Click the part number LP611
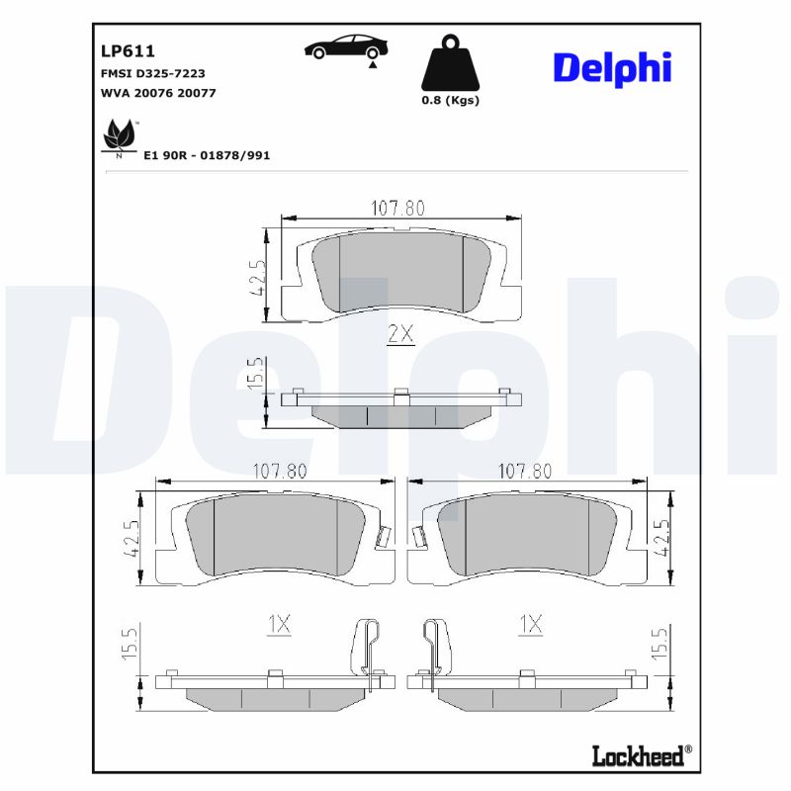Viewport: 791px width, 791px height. [129, 50]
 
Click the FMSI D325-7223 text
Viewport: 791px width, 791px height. [153, 74]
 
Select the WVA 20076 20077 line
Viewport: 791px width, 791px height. [159, 93]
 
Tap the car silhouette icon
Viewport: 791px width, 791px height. [346, 47]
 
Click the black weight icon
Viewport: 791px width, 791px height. [450, 63]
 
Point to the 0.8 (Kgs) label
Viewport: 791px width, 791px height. [450, 101]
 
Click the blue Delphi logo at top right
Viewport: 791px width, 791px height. [612, 67]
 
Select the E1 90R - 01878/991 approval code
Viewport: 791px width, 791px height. [207, 156]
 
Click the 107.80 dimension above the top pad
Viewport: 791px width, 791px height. [397, 208]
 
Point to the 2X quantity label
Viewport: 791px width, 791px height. [399, 334]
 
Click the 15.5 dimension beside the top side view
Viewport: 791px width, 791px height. [255, 375]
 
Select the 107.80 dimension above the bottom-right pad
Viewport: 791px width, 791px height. [524, 472]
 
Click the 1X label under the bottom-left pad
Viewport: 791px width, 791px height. [280, 624]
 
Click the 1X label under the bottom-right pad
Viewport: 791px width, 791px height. [531, 624]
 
